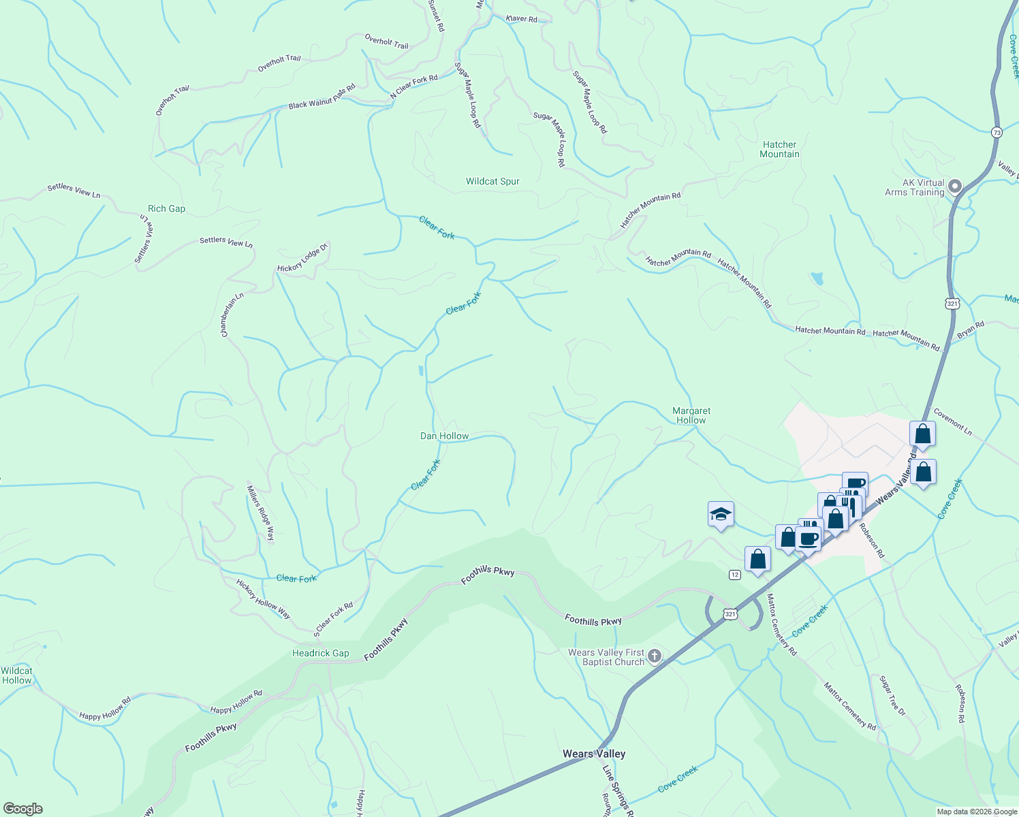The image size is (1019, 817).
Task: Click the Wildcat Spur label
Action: pos(492,182)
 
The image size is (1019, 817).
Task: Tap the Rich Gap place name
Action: pos(166,209)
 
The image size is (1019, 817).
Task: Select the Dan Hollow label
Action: pos(444,436)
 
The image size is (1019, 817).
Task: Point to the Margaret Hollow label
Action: pos(691,415)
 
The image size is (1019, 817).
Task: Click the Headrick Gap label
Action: pos(320,654)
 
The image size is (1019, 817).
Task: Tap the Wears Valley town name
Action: pos(593,754)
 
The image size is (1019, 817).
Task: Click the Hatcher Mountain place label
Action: pos(779,150)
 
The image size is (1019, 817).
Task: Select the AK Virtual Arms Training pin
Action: pos(954,186)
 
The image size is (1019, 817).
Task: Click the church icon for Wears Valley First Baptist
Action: pos(654,656)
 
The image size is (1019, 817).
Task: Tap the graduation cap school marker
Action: pos(720,515)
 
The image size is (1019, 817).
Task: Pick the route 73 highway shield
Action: pos(997,133)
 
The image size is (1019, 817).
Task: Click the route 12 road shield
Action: pos(734,575)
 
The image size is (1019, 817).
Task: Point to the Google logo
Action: pos(22,809)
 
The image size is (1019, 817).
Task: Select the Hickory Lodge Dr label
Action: pos(302,259)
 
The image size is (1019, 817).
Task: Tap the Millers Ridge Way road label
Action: pos(261,513)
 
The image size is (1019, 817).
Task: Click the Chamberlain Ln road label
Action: pos(232,315)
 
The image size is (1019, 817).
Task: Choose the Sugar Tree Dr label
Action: pos(892,695)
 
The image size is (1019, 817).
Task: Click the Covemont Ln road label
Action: pos(952,422)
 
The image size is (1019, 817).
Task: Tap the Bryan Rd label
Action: pos(971,330)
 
